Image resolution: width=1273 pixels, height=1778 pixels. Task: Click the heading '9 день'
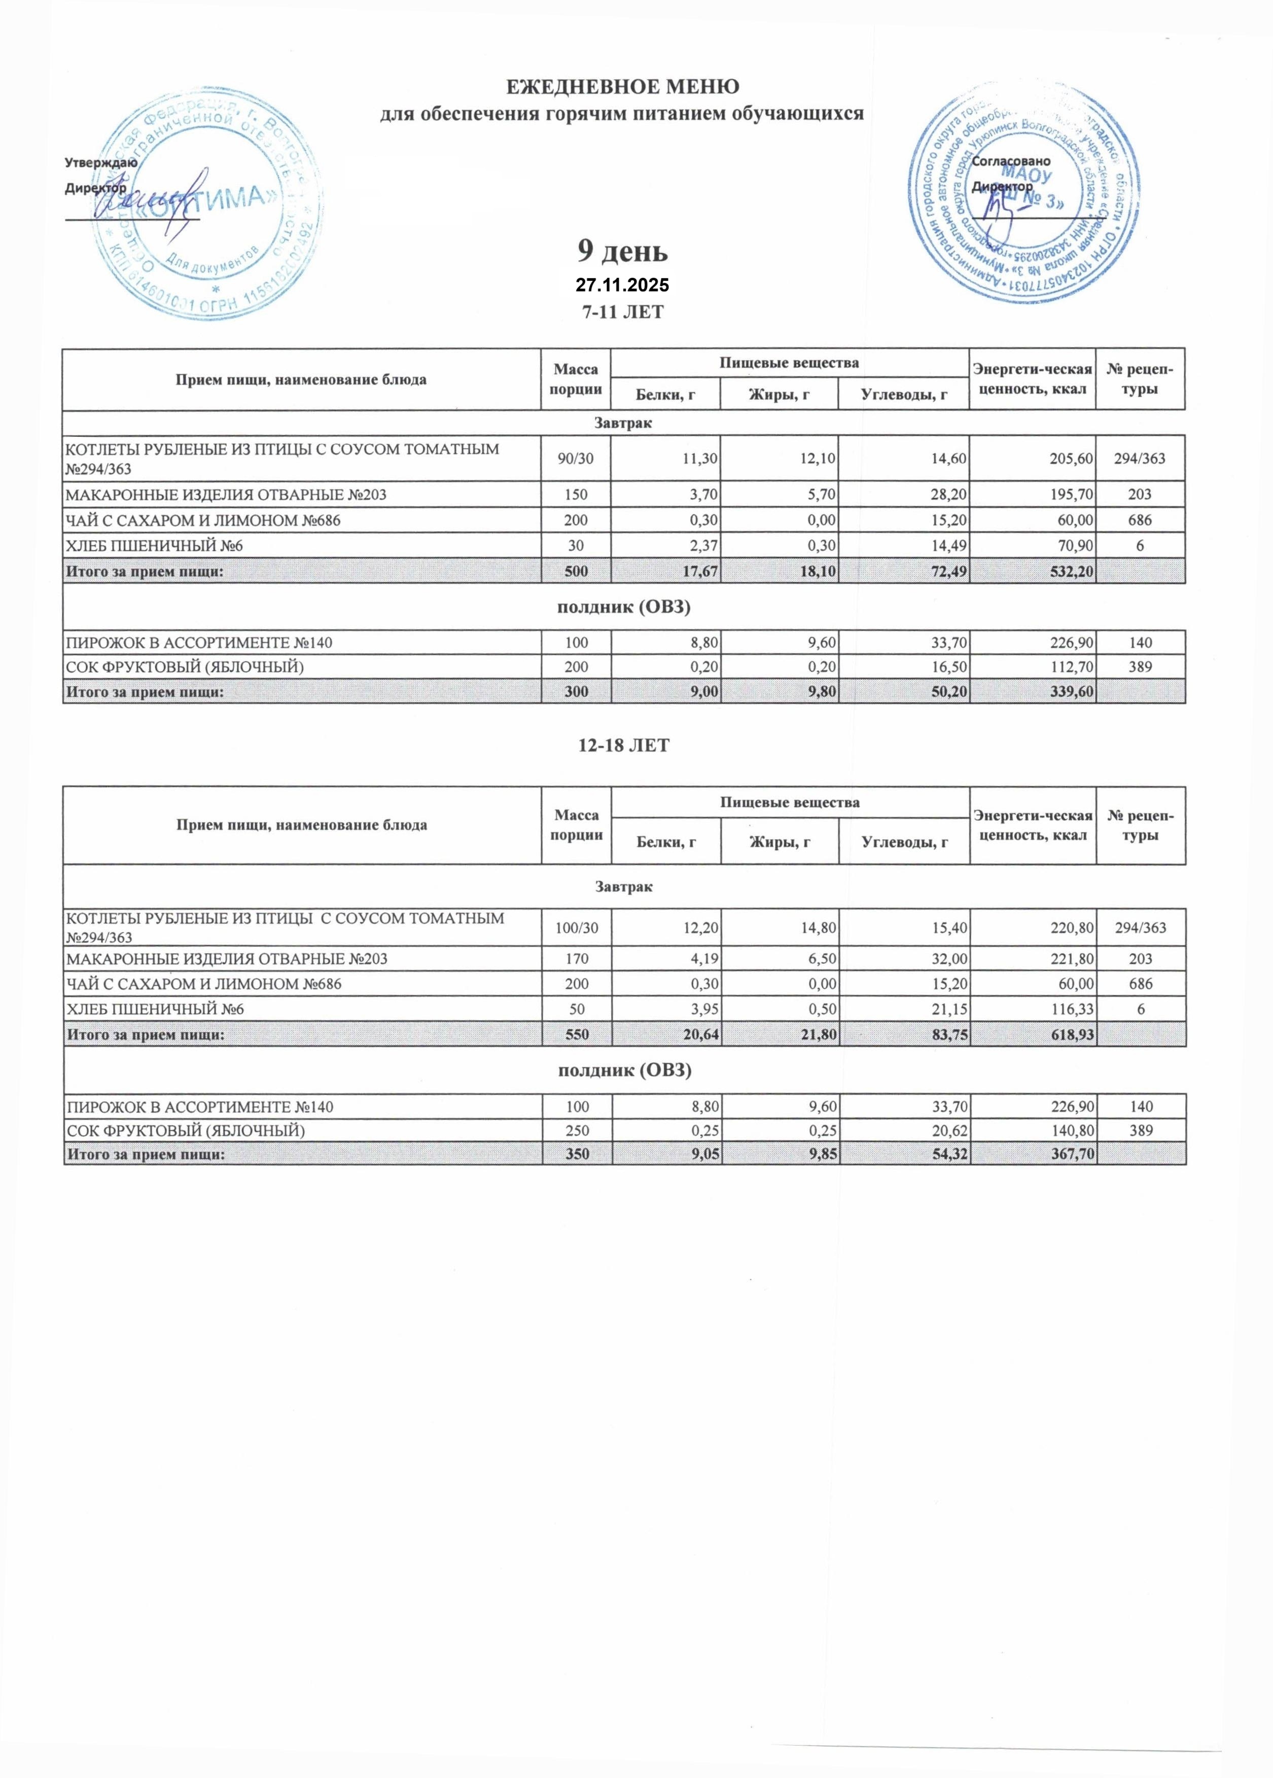[x=622, y=252]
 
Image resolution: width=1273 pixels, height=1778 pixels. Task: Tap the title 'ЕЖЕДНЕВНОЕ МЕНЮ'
[x=622, y=86]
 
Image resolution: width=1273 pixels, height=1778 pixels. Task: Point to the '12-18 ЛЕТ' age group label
[x=623, y=746]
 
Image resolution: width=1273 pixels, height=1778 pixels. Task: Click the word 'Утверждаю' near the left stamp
[x=101, y=163]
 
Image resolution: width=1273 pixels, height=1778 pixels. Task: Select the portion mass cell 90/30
[x=575, y=459]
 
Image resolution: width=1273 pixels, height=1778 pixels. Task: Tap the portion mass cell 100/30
[x=576, y=928]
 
